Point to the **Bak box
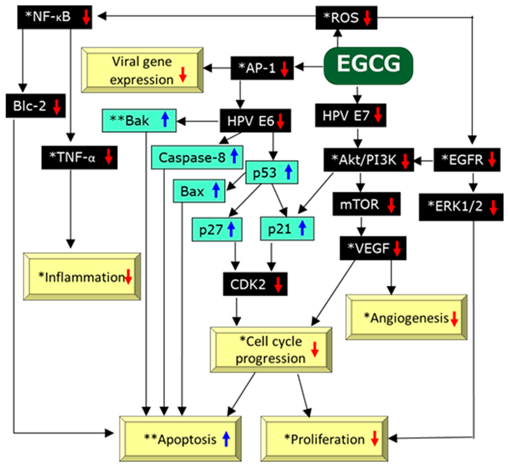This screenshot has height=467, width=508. (x=139, y=120)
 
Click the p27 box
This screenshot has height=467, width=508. (x=217, y=229)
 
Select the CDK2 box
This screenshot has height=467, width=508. (x=255, y=284)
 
